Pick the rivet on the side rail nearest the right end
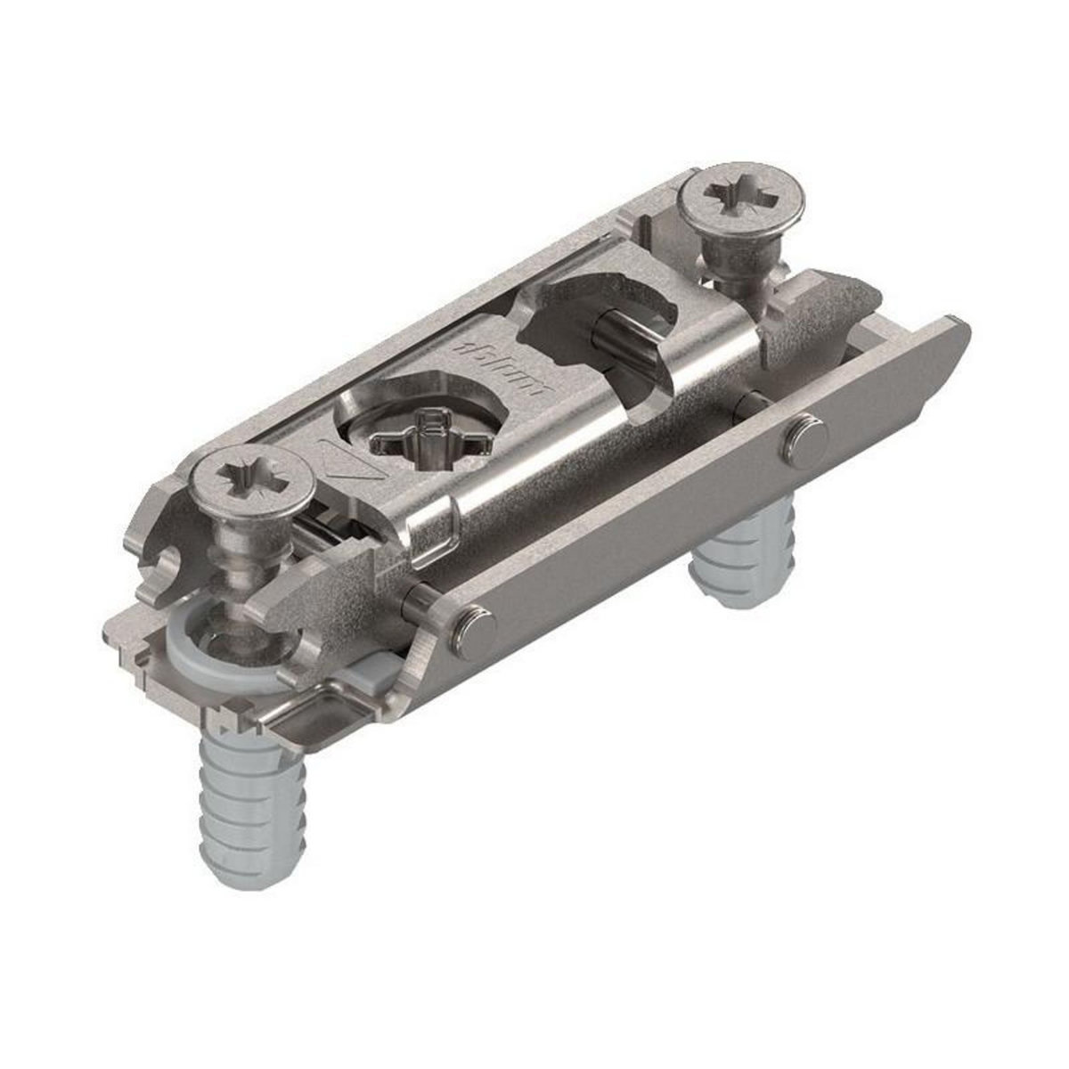[804, 436]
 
